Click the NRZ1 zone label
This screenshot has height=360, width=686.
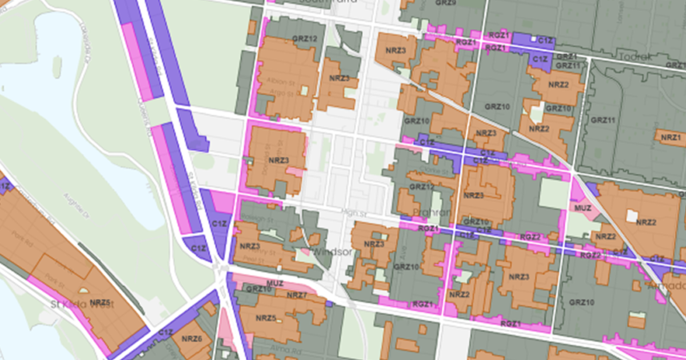[671, 138]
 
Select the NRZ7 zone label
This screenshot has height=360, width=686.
[297, 295]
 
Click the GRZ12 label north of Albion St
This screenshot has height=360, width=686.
[304, 39]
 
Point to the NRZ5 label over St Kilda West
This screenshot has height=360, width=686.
[99, 302]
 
